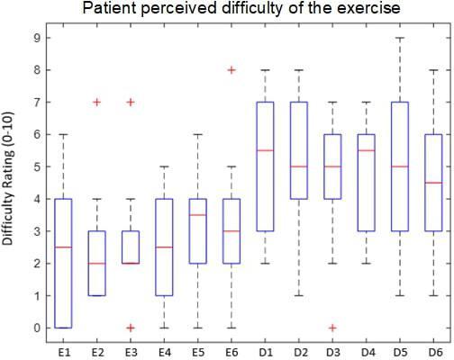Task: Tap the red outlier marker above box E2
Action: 96,103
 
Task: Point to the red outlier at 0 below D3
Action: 332,328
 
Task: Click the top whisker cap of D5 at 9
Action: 400,38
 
